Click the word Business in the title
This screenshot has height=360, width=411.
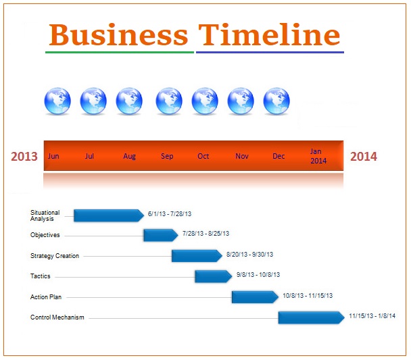tap(118, 34)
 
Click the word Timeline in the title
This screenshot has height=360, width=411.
tap(269, 34)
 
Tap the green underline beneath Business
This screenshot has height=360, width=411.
tap(120, 53)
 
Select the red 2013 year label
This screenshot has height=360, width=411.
tap(24, 156)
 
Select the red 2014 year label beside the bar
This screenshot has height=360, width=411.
tap(364, 156)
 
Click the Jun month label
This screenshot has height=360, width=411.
tap(53, 156)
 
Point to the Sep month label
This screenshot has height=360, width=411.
tap(167, 156)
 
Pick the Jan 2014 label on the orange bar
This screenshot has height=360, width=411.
tap(318, 156)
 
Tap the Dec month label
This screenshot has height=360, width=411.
tap(279, 156)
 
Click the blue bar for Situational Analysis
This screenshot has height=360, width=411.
tap(109, 215)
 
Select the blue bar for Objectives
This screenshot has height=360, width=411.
tap(161, 235)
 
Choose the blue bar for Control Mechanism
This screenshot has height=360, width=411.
tap(312, 317)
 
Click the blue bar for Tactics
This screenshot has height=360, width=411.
tap(214, 276)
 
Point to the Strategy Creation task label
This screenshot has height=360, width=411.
tap(55, 256)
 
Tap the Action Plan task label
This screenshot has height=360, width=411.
tap(46, 297)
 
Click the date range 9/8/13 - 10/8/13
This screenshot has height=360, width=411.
tap(258, 275)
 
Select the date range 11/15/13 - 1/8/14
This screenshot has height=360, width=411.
tap(372, 316)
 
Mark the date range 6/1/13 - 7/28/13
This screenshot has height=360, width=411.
tap(170, 214)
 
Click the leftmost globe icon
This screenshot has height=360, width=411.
tap(57, 101)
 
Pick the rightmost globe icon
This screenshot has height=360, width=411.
tap(276, 101)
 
